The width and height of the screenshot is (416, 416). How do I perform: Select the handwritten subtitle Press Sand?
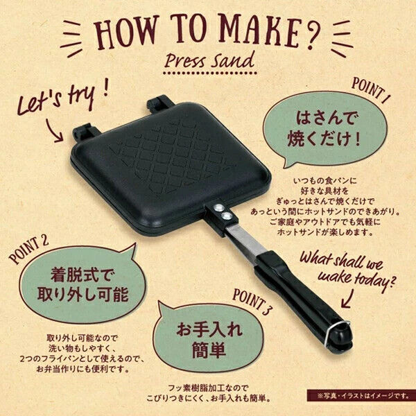click(209, 60)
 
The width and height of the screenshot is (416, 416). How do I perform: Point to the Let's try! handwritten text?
click(62, 98)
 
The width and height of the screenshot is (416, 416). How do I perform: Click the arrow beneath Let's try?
click(54, 131)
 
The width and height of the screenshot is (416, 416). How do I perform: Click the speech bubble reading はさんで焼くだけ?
click(324, 129)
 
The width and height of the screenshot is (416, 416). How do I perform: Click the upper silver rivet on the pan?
click(218, 207)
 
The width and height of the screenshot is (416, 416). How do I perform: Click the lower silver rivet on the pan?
click(226, 216)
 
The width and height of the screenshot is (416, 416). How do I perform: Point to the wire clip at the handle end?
click(335, 333)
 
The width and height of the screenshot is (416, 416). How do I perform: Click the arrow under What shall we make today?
click(347, 297)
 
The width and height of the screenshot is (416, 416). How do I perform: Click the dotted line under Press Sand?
click(209, 72)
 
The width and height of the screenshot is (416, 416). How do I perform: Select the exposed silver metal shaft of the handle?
click(245, 242)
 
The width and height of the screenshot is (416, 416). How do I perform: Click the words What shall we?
click(341, 262)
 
